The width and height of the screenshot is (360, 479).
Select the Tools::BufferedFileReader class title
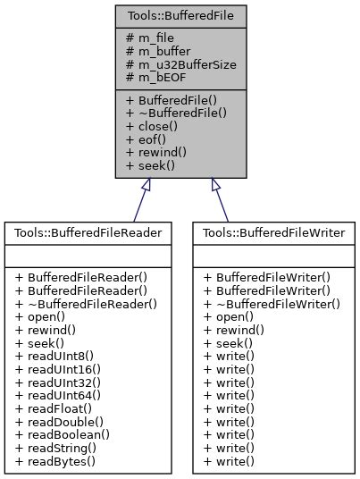(x=88, y=232)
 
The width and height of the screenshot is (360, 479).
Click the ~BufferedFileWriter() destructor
(x=272, y=304)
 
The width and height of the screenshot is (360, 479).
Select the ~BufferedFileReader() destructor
(x=86, y=304)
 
